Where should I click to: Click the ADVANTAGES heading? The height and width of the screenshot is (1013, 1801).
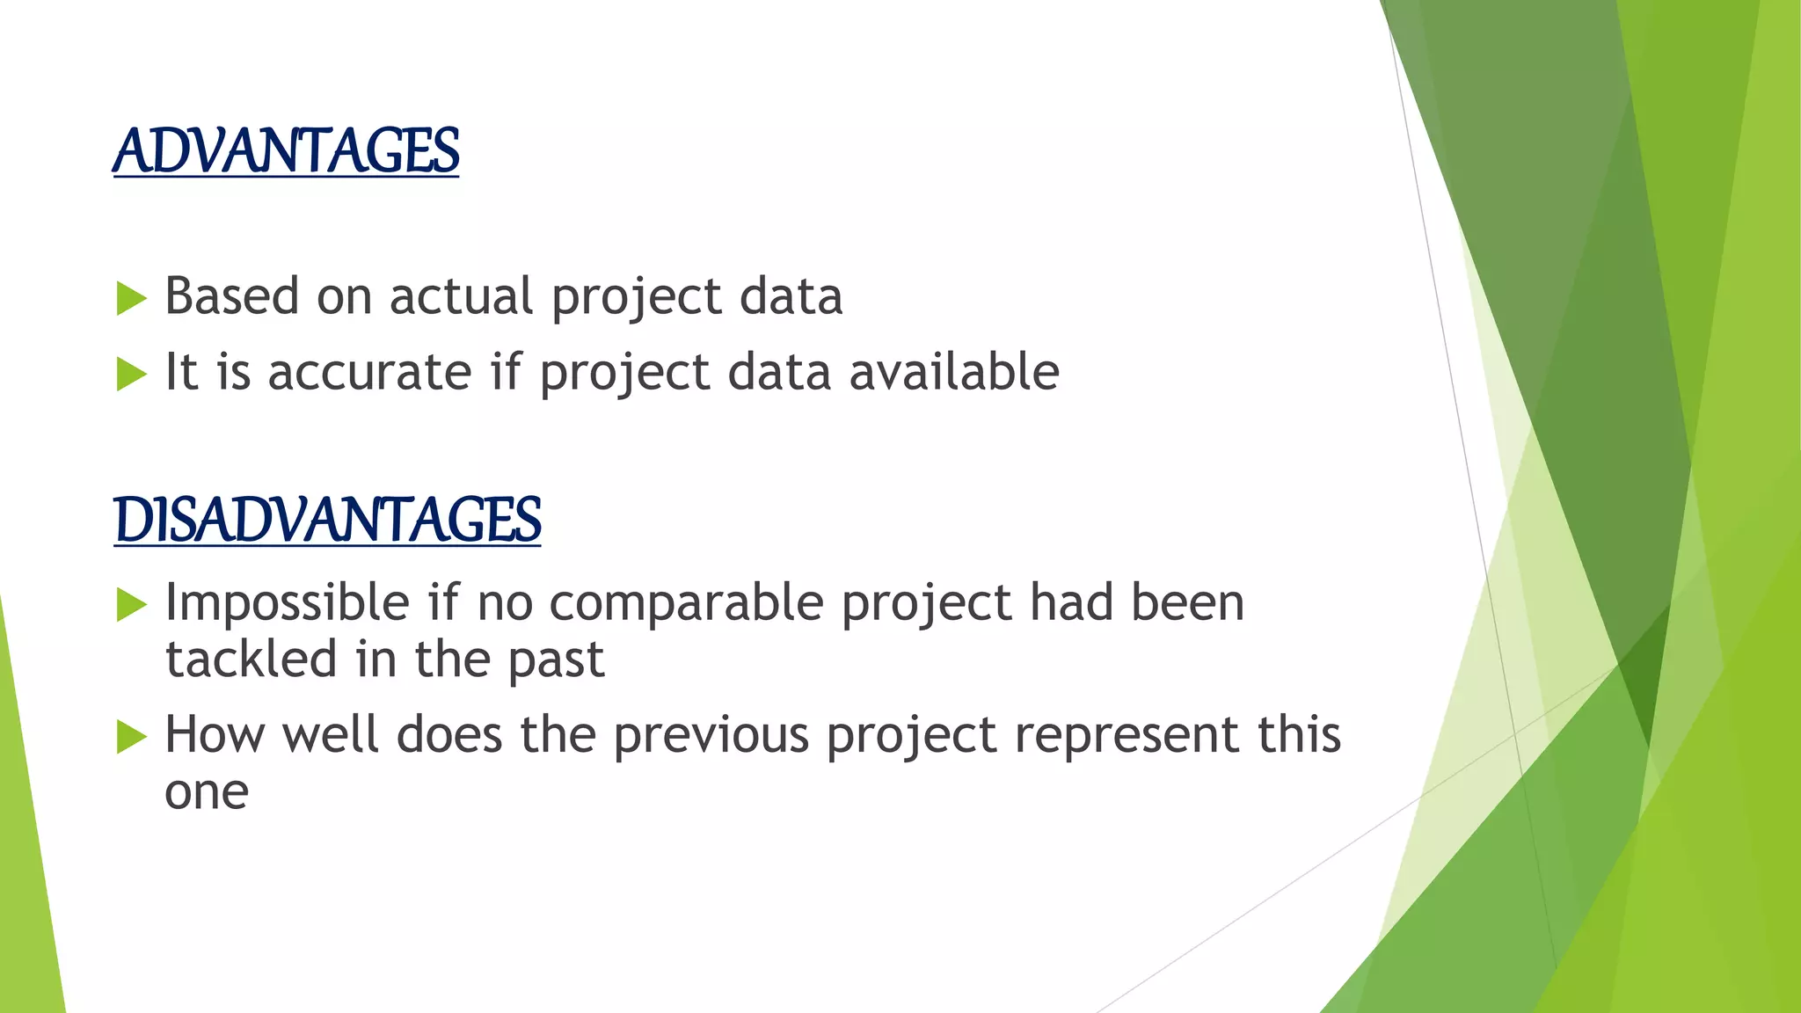pyautogui.click(x=286, y=151)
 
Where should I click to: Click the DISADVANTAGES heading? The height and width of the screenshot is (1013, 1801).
pyautogui.click(x=327, y=520)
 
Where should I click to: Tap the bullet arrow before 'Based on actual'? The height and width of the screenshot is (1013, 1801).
pyautogui.click(x=131, y=299)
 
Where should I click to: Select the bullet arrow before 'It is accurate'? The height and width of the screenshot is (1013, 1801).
pyautogui.click(x=131, y=375)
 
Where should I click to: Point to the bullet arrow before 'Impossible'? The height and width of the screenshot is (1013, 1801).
pyautogui.click(x=131, y=605)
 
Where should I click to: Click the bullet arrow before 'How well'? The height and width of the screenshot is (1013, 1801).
pyautogui.click(x=131, y=737)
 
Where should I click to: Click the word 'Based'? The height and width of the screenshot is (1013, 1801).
pyautogui.click(x=232, y=296)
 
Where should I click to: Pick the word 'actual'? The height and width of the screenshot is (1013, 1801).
pyautogui.click(x=461, y=296)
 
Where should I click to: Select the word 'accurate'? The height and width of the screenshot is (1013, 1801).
pyautogui.click(x=369, y=372)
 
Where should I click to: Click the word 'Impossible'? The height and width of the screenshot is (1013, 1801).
pyautogui.click(x=287, y=603)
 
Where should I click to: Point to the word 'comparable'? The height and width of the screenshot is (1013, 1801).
pyautogui.click(x=686, y=603)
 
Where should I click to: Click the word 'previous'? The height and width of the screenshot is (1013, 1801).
pyautogui.click(x=711, y=735)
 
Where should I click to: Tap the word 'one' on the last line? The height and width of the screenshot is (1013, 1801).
pyautogui.click(x=207, y=793)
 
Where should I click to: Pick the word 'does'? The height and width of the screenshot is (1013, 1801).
pyautogui.click(x=449, y=735)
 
